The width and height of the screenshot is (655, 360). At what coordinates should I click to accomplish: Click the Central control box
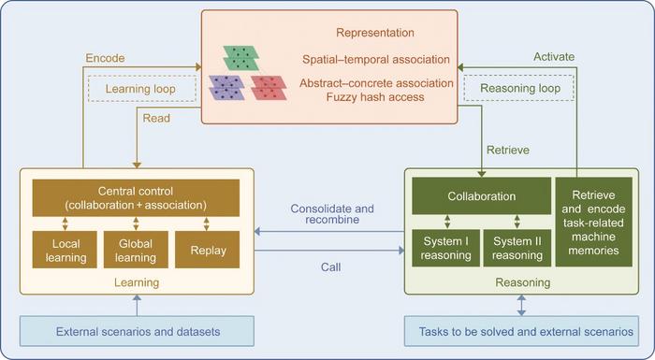(136, 198)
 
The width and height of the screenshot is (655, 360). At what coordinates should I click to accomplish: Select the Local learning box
(65, 250)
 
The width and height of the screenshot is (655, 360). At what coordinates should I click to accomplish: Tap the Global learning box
(136, 250)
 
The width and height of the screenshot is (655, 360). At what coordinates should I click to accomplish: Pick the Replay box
(207, 250)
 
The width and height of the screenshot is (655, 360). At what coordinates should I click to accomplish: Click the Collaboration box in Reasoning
(481, 195)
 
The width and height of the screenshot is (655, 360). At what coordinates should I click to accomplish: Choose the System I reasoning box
(445, 248)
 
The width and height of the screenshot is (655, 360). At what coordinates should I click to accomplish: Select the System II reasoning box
(517, 248)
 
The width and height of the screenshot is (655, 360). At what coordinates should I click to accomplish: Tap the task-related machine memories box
(593, 223)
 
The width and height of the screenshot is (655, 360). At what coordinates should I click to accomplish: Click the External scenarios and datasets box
(137, 331)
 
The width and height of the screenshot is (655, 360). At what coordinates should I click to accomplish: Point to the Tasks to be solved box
(521, 331)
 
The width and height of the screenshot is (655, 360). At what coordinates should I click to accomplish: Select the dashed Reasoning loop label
(519, 88)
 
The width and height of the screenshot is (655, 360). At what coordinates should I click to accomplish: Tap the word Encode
(105, 58)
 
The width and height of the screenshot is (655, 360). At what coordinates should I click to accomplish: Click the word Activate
(554, 57)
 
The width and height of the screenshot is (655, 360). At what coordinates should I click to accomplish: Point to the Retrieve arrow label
(508, 150)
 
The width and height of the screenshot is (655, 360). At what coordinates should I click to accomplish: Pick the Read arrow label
(156, 118)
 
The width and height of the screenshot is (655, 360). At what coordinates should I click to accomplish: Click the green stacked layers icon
(241, 58)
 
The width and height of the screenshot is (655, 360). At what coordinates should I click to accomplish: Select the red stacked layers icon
(269, 88)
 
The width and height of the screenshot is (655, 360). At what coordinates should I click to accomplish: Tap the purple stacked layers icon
(226, 88)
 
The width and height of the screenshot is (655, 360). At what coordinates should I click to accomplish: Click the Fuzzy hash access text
(375, 97)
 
